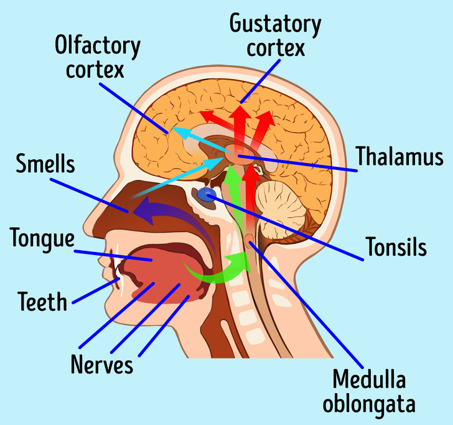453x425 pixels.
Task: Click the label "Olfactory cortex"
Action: coord(98,57)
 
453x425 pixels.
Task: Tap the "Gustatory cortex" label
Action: coord(275,35)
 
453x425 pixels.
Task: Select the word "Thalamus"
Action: coord(399,157)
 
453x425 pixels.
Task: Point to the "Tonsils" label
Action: coord(396,247)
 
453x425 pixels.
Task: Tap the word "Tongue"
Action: coord(42,238)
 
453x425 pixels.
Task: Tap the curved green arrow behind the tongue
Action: coord(212,272)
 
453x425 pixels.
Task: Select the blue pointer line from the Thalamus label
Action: coord(305,164)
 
